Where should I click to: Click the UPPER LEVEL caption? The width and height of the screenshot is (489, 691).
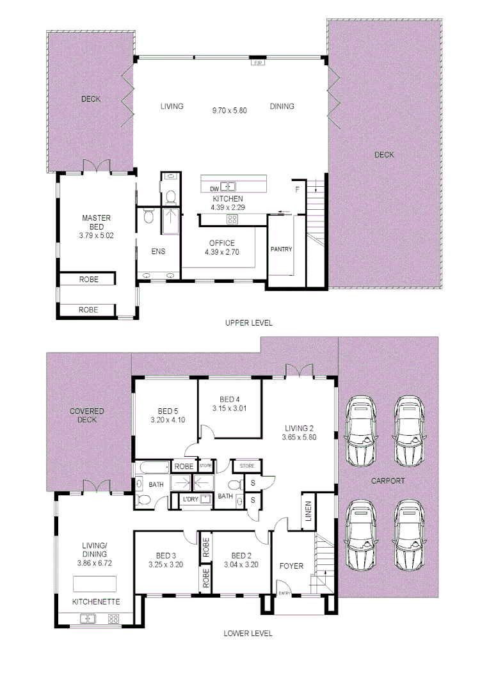[248, 323]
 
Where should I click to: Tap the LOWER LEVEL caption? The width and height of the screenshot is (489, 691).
[248, 633]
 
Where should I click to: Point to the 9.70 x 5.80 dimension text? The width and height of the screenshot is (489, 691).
[230, 111]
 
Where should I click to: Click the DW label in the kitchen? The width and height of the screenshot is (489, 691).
[214, 188]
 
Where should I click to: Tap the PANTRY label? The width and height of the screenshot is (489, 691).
[281, 249]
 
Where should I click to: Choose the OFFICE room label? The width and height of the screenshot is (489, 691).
[221, 243]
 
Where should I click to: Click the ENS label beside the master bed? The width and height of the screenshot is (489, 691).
[158, 251]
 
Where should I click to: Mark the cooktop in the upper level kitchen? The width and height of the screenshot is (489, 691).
[232, 219]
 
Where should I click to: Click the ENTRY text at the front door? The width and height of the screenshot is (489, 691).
[285, 594]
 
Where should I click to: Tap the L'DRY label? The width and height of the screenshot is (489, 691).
[190, 499]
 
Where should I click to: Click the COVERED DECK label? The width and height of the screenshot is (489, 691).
[87, 415]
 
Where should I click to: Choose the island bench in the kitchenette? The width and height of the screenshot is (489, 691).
[95, 584]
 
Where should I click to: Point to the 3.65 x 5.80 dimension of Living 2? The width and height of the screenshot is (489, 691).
[298, 438]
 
